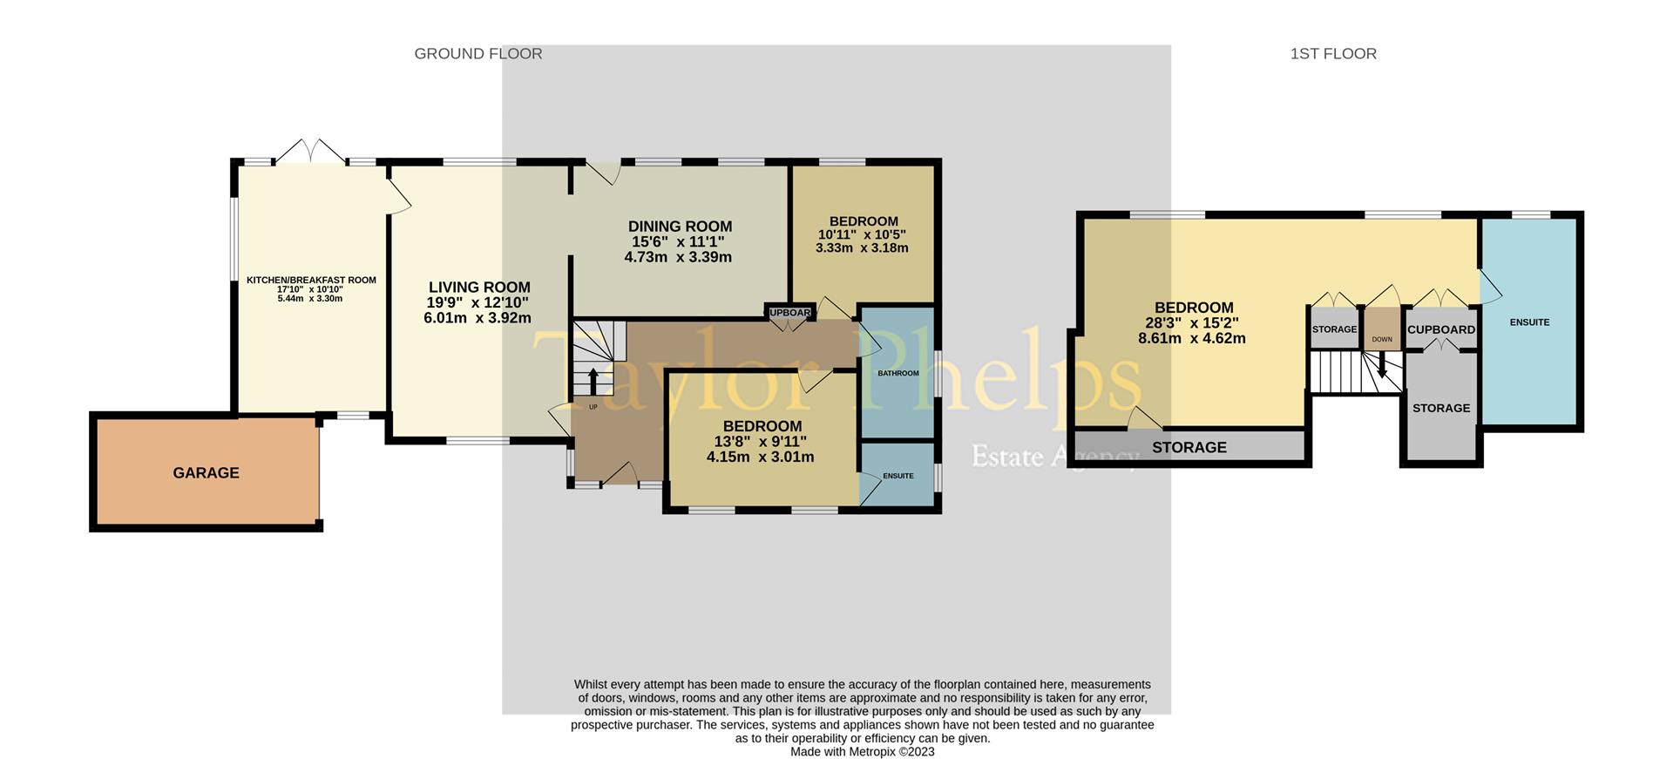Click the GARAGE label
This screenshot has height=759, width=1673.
click(x=206, y=473)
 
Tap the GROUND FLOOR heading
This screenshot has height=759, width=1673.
click(x=478, y=54)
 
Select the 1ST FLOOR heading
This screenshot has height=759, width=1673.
click(x=1333, y=54)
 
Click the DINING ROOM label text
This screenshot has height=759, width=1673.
click(x=680, y=227)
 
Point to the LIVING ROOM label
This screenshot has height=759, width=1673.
click(x=479, y=288)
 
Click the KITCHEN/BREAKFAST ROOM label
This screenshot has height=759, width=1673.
click(x=311, y=281)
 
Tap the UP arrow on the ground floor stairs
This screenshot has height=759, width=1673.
click(x=593, y=382)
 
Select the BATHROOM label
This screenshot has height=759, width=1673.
click(x=897, y=373)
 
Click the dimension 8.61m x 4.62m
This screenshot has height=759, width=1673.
click(x=1191, y=339)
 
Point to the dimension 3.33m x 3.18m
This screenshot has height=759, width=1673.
click(x=862, y=248)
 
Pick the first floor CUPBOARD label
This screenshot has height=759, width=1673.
click(x=1441, y=330)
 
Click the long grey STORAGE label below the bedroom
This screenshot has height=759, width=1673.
click(x=1189, y=447)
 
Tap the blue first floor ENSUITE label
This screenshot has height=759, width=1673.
click(x=1529, y=322)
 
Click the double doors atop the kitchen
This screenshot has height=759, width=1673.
click(x=311, y=151)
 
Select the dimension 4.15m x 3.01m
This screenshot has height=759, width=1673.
click(x=760, y=457)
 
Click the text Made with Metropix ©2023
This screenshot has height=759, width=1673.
click(x=862, y=751)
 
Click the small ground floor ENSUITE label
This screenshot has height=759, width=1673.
click(x=897, y=476)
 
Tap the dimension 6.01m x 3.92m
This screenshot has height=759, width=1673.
click(x=478, y=318)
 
